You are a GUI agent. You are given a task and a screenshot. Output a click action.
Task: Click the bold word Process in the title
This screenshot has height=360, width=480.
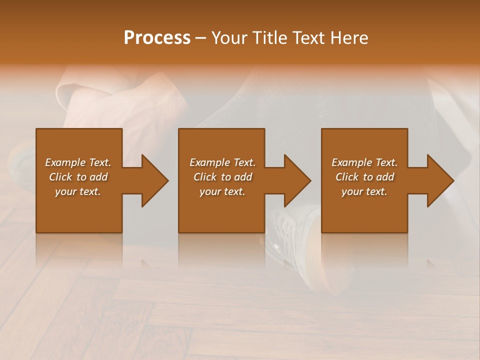point(157,37)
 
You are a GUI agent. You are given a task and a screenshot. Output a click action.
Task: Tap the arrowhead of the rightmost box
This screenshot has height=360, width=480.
point(440,180)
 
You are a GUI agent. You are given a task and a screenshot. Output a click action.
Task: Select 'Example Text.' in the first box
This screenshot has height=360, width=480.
point(78,162)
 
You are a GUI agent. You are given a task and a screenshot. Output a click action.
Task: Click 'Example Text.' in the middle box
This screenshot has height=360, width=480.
point(222,162)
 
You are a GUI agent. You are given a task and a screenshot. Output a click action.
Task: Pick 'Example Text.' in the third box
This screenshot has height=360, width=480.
point(364,162)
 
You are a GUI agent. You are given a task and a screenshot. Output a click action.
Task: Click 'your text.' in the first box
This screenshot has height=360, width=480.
point(78,191)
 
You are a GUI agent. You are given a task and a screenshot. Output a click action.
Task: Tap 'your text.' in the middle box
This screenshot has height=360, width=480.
point(222,191)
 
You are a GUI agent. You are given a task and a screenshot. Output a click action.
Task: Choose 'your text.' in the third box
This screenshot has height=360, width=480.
point(364,191)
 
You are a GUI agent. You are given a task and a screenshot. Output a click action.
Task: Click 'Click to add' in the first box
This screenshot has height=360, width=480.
point(78,177)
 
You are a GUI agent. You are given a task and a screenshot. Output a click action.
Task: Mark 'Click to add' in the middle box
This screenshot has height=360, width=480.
point(222,177)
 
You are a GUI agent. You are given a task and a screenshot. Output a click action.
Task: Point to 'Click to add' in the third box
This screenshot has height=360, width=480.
point(364,177)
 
